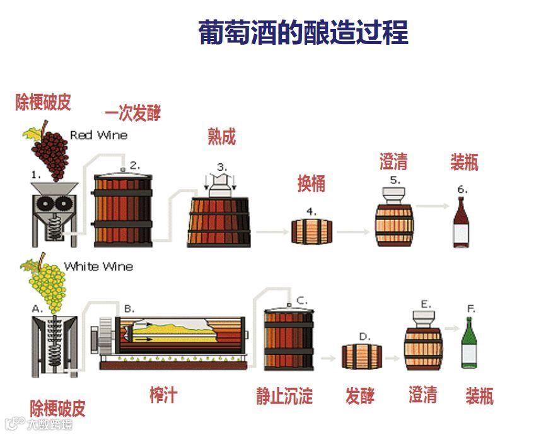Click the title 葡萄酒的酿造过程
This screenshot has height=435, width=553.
coord(303,33)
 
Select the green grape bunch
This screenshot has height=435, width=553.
coord(47,287)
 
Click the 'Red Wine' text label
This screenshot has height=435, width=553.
coord(98,135)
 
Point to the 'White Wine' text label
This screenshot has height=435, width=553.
coord(98,267)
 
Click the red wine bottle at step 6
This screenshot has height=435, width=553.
coord(462,223)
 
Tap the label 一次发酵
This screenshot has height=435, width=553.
coord(132,113)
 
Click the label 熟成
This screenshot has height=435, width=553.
coord(221,136)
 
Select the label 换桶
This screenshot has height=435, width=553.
coord(311,183)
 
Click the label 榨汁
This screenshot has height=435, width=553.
coord(163,395)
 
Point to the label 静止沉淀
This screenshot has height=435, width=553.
coord(284,396)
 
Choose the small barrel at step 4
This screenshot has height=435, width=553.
coord(311,231)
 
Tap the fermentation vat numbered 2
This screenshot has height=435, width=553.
coord(124,209)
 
